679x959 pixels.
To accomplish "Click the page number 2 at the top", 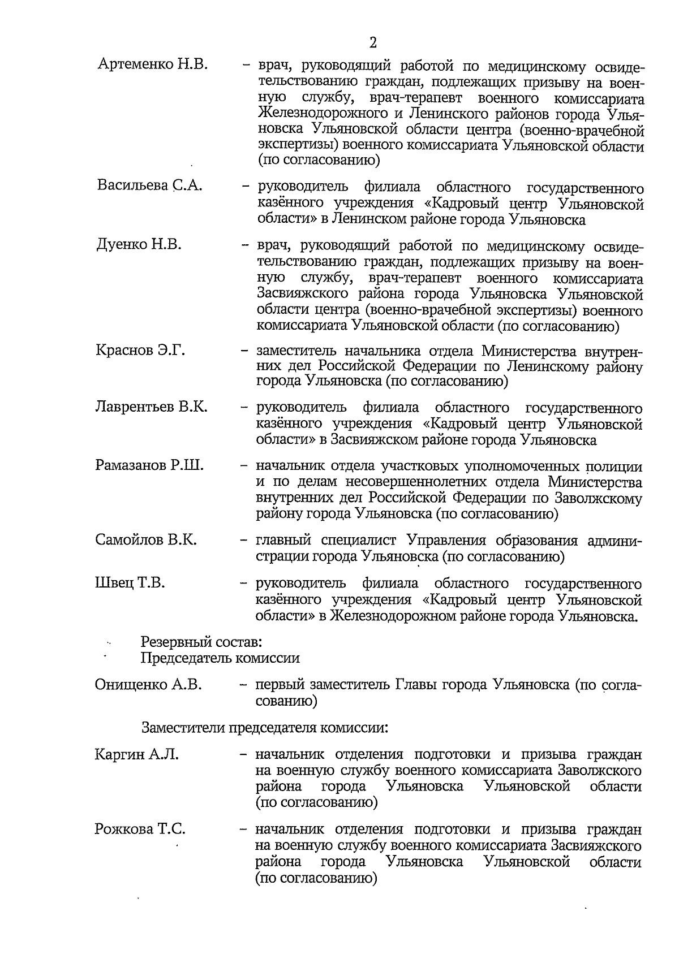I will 372,42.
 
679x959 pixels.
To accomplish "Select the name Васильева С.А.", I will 149,186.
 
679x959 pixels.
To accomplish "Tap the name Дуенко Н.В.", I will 139,245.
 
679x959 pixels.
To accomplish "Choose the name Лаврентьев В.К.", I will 152,407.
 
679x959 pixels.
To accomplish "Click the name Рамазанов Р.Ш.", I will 149,466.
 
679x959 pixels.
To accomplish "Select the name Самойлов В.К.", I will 146,539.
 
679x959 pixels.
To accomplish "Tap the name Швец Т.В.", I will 130,583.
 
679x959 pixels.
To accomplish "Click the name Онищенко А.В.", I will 148,685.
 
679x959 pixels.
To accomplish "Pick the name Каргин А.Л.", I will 136,754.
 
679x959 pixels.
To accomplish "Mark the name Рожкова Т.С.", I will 140,830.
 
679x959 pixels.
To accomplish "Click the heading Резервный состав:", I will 201,642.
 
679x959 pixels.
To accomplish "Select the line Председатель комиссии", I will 220,658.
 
